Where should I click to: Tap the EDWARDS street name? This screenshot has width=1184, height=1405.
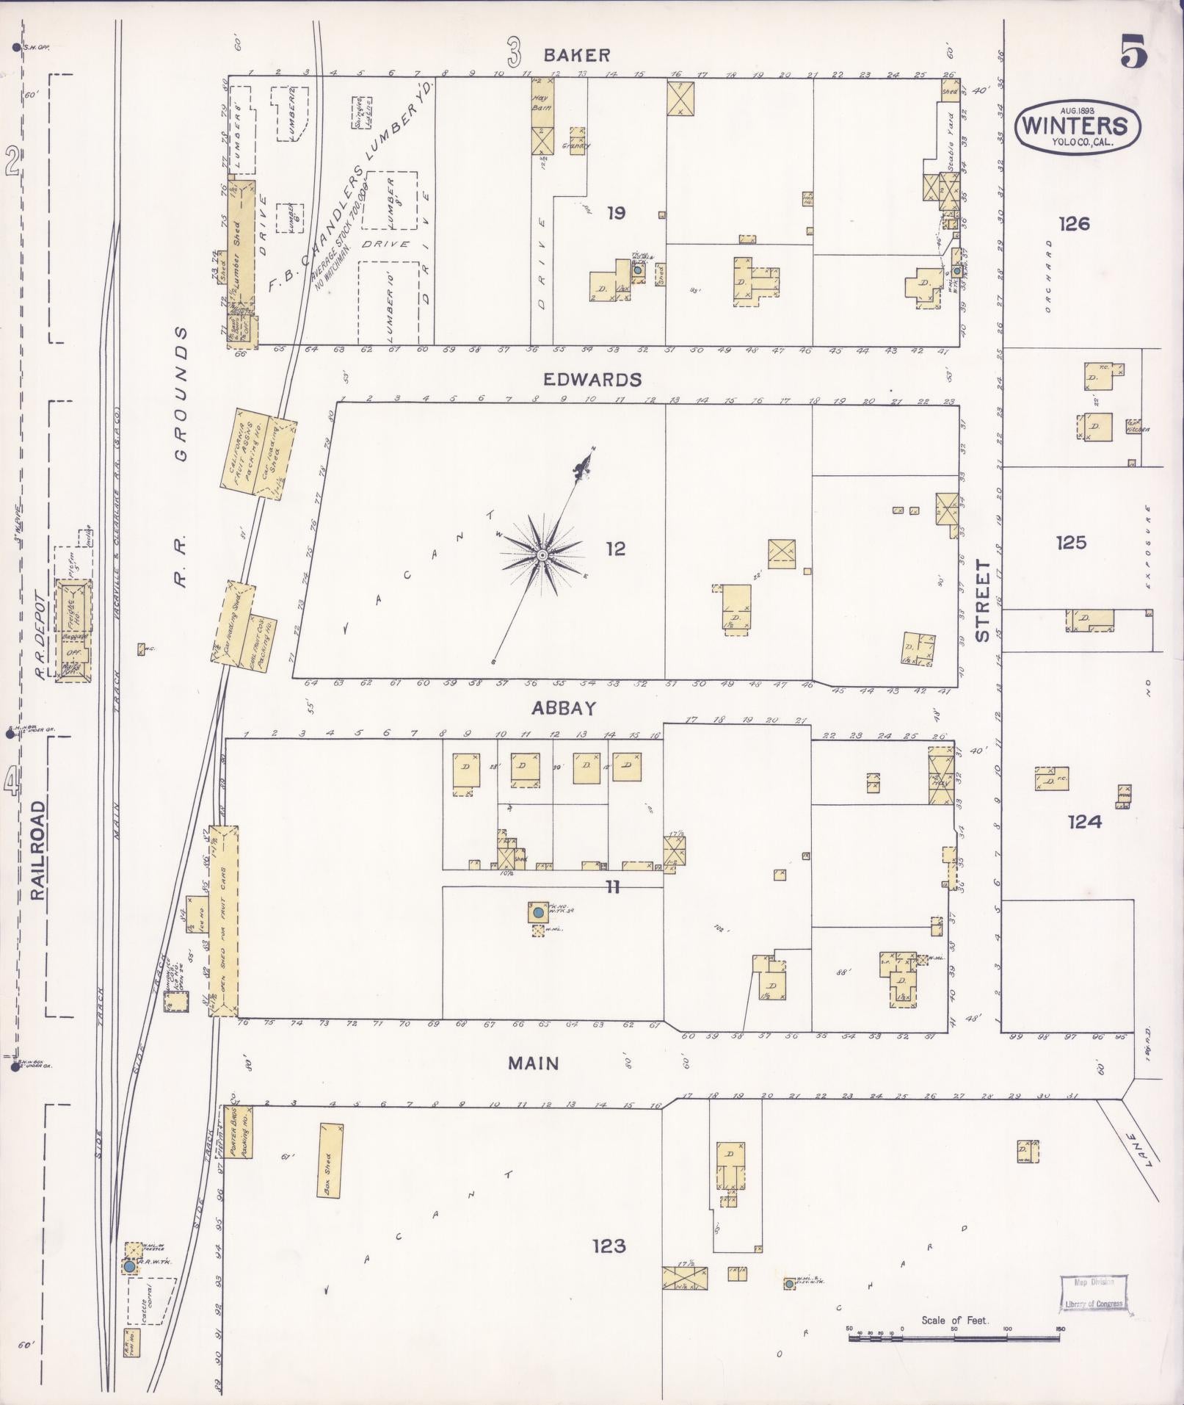pyautogui.click(x=592, y=380)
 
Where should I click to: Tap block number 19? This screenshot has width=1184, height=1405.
pyautogui.click(x=616, y=213)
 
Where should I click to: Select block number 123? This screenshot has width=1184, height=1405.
pyautogui.click(x=609, y=1246)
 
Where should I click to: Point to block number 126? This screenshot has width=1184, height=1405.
pyautogui.click(x=1074, y=223)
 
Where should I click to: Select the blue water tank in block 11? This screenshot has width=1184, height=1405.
pyautogui.click(x=538, y=912)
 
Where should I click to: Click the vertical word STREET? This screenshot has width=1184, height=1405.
pyautogui.click(x=983, y=601)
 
